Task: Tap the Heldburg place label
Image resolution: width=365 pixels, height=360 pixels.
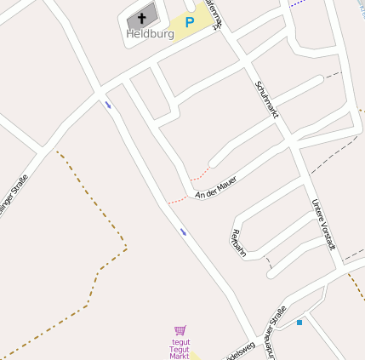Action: point(150,34)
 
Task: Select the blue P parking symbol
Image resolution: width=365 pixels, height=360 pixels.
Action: point(190,23)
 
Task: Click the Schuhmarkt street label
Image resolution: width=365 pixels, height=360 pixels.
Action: point(267,106)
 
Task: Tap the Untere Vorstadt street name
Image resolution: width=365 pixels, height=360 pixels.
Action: point(324,224)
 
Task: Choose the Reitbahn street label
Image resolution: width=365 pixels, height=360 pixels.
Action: point(238,248)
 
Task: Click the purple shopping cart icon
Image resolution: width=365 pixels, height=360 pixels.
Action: point(180,330)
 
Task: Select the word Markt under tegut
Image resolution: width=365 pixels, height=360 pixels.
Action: point(180,356)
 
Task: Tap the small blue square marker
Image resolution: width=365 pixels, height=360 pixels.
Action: point(299,323)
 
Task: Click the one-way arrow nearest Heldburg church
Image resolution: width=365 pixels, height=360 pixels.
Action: point(108,105)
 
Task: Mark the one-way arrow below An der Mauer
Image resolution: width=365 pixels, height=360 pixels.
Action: point(183,231)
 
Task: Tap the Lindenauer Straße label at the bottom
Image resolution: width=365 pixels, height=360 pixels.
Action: point(272,332)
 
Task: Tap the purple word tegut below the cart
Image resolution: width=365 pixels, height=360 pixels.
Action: point(180,342)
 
